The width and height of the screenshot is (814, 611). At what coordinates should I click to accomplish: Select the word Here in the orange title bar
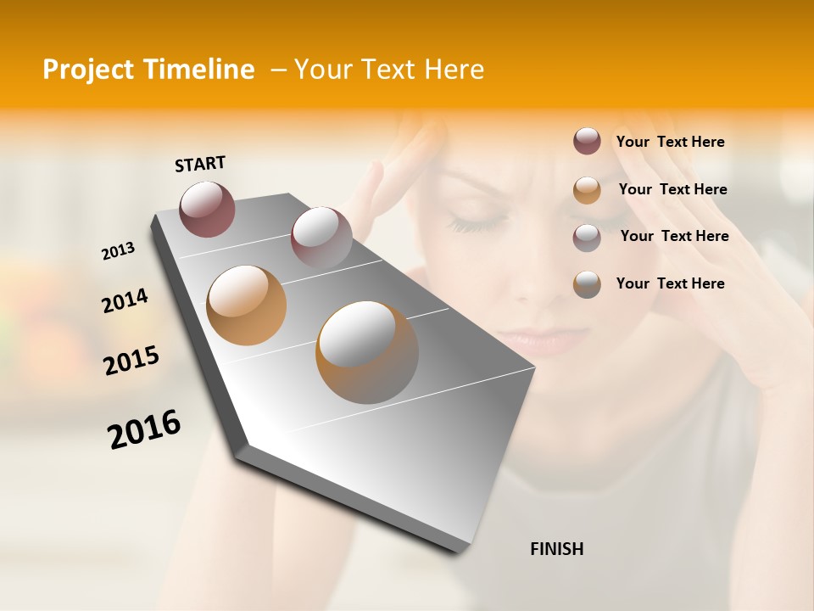click(x=454, y=70)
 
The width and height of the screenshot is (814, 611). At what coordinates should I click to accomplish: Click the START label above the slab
click(x=200, y=164)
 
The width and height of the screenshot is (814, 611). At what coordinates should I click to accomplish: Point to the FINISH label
click(x=556, y=549)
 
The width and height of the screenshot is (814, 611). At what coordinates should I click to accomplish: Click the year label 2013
click(x=118, y=251)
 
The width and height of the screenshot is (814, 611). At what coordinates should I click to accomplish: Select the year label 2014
click(x=125, y=300)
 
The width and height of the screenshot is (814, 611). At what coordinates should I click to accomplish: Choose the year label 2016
click(x=144, y=429)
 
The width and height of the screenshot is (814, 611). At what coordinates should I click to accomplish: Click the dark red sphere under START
click(x=207, y=209)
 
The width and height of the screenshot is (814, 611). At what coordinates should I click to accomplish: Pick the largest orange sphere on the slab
click(x=367, y=352)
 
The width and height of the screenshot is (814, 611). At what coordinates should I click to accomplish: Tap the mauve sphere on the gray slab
click(x=321, y=238)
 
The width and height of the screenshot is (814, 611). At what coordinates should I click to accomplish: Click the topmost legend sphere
click(x=587, y=141)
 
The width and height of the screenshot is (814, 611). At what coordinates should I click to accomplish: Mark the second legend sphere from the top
click(x=587, y=189)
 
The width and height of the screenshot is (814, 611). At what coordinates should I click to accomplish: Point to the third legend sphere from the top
click(x=587, y=237)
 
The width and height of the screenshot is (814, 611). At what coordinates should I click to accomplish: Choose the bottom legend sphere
click(x=587, y=284)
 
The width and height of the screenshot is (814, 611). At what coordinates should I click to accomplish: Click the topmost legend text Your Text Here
click(x=670, y=142)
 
